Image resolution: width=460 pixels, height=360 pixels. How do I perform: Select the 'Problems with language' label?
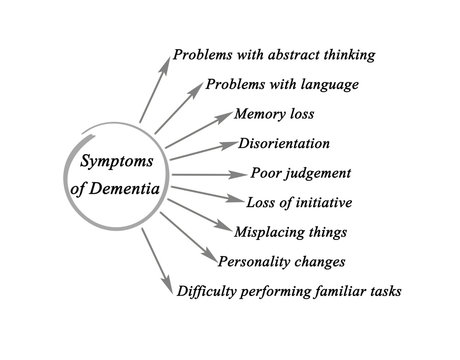click(x=282, y=83)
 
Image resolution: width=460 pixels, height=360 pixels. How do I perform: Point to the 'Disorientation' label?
click(x=283, y=143)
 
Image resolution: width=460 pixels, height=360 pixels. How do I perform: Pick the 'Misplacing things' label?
click(x=288, y=232)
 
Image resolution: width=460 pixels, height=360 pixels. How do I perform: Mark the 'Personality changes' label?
click(x=281, y=262)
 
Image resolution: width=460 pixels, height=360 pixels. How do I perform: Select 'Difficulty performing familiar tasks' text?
click(x=288, y=292)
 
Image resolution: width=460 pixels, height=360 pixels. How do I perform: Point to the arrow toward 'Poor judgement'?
click(x=200, y=173)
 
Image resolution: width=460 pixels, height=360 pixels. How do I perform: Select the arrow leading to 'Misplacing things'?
click(x=195, y=215)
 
